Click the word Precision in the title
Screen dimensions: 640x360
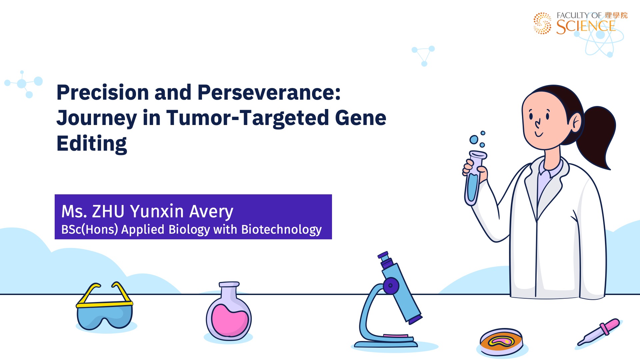(103, 92)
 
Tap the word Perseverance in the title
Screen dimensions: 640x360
(269, 92)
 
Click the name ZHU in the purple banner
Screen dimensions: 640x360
(108, 211)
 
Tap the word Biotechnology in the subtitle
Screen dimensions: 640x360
(281, 230)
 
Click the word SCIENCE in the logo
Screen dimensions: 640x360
(586, 27)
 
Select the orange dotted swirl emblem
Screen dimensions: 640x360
(542, 23)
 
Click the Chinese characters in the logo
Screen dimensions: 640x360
(616, 15)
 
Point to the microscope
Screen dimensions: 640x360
(388, 300)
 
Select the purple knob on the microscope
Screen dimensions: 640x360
(391, 286)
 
